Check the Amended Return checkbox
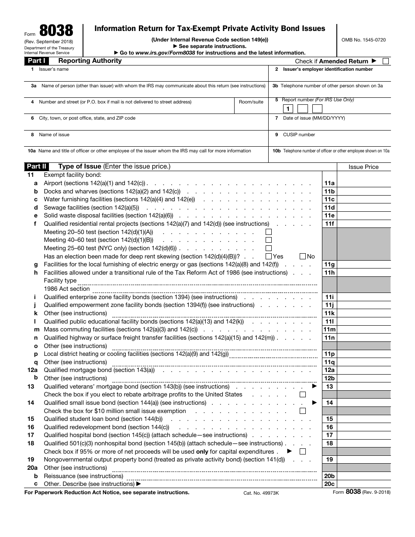tap(385, 61)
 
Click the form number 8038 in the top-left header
tap(56, 31)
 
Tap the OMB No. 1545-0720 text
tap(364, 40)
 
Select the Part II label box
tap(37, 166)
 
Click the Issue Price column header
tap(363, 167)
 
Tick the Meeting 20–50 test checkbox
tap(269, 232)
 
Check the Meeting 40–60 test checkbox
tap(269, 240)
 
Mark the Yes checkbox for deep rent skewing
tap(269, 256)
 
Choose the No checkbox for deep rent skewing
tap(303, 256)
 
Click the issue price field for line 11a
tap(363, 183)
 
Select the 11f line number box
tap(329, 224)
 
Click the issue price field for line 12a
tap(363, 370)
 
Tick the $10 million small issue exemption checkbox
tap(303, 411)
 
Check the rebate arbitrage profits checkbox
tap(303, 395)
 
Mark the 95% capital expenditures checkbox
tap(303, 451)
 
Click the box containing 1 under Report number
tap(287, 109)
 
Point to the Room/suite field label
tap(251, 102)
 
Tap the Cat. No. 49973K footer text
tap(261, 492)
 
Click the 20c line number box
tap(329, 484)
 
